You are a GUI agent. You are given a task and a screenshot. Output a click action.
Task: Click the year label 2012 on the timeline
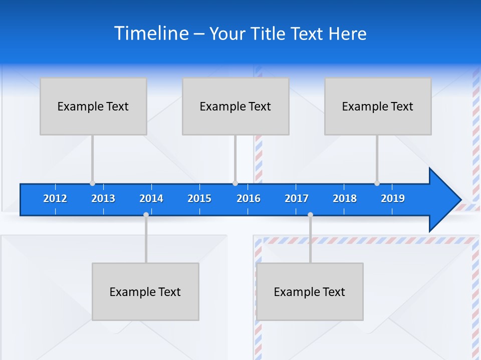point(55,198)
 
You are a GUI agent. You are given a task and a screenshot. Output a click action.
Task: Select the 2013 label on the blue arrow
point(103,198)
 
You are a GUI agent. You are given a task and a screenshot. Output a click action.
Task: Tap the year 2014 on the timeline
point(151,198)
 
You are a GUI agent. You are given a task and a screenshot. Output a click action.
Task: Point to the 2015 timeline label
point(199,198)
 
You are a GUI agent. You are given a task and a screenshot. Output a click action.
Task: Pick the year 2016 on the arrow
point(249,198)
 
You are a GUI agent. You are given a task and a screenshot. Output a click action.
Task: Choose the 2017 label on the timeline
point(297,198)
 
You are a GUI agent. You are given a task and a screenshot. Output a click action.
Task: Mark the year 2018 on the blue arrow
point(345,198)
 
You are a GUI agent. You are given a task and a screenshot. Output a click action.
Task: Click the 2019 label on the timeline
point(393,198)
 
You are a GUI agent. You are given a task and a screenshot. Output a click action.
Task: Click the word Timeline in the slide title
point(151,33)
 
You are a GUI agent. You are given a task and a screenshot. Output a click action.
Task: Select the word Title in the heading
point(269,33)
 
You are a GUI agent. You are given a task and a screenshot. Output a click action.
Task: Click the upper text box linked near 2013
point(93,106)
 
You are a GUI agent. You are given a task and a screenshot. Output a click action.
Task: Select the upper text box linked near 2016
point(235,106)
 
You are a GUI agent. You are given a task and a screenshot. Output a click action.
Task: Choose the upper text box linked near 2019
point(378,106)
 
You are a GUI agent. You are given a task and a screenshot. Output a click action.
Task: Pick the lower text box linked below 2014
point(145,291)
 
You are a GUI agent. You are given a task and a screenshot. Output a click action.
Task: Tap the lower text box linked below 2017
point(310,291)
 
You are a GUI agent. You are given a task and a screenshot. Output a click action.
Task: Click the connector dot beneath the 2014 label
point(146,215)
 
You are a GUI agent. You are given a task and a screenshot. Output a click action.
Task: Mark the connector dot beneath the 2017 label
point(310,215)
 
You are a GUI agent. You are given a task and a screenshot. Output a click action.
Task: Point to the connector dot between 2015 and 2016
point(235,183)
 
